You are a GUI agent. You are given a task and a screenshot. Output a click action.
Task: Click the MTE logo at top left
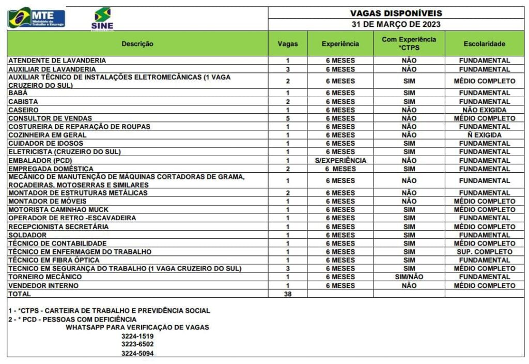pyautogui.click(x=36, y=18)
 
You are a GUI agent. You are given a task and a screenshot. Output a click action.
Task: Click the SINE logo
pyautogui.click(x=102, y=19)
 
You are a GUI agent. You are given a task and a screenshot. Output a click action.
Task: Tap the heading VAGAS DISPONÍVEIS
pyautogui.click(x=396, y=13)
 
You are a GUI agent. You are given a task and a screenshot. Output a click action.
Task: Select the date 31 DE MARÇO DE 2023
pyautogui.click(x=396, y=24)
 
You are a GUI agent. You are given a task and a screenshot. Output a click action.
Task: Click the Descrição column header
pyautogui.click(x=137, y=44)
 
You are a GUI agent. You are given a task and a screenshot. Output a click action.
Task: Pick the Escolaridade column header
pyautogui.click(x=484, y=44)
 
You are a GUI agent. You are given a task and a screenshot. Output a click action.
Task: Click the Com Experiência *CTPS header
pyautogui.click(x=409, y=43)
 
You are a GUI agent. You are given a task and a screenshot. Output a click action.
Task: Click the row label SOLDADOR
pyautogui.click(x=26, y=235)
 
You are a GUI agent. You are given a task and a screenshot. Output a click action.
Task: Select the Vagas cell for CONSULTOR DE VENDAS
pyautogui.click(x=287, y=118)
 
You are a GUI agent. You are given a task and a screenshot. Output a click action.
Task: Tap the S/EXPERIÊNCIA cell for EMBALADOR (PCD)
pyautogui.click(x=340, y=160)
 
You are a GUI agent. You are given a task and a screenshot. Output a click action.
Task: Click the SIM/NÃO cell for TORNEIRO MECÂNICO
pyautogui.click(x=409, y=277)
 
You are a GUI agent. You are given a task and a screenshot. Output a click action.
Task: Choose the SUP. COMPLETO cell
pyautogui.click(x=484, y=252)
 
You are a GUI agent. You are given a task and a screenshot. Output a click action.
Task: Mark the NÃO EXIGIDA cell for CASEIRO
pyautogui.click(x=484, y=110)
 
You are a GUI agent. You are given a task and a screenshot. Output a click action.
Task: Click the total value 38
pyautogui.click(x=287, y=294)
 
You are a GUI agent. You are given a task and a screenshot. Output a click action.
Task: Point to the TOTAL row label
pyautogui.click(x=19, y=294)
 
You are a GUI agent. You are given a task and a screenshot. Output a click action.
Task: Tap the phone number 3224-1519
pyautogui.click(x=137, y=336)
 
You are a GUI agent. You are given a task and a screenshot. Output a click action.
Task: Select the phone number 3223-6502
pyautogui.click(x=137, y=344)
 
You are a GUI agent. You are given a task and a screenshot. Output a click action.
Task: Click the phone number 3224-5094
pyautogui.click(x=137, y=353)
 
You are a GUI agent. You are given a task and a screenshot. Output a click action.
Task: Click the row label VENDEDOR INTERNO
pyautogui.click(x=43, y=285)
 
